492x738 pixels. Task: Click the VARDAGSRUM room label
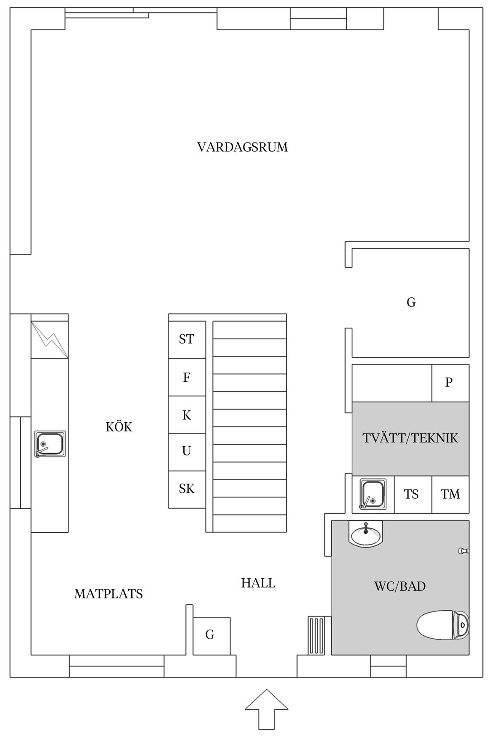click(x=243, y=147)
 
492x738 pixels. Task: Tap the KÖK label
click(x=119, y=427)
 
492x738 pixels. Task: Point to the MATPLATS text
click(x=108, y=594)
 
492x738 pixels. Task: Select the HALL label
click(x=258, y=583)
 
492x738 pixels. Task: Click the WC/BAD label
click(x=400, y=586)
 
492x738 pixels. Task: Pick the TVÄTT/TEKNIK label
click(x=410, y=438)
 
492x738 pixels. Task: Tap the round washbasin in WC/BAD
click(x=366, y=533)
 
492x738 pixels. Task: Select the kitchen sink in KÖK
click(x=50, y=444)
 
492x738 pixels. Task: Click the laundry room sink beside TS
click(x=373, y=494)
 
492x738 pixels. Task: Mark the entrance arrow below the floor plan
click(x=267, y=709)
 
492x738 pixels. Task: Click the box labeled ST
click(x=187, y=340)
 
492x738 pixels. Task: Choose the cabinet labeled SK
click(x=187, y=489)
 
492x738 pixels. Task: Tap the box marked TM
click(x=450, y=494)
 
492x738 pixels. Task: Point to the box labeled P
click(x=450, y=383)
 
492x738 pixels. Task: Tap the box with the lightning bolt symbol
click(x=50, y=340)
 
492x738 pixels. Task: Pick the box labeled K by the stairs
click(x=187, y=415)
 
